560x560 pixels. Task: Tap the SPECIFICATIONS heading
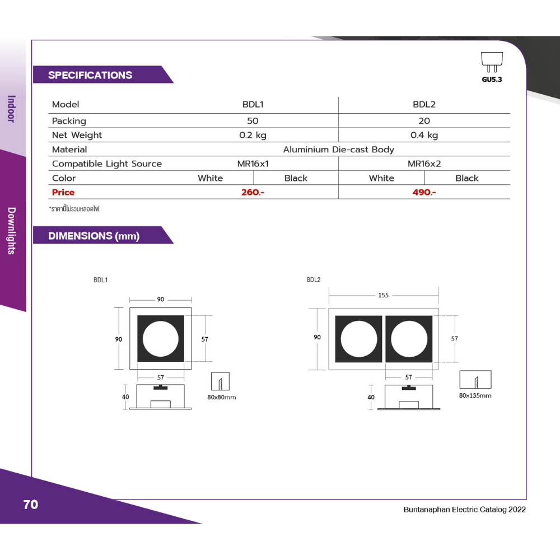(90, 75)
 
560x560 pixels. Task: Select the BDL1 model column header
(253, 104)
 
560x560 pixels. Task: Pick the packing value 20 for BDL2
(424, 121)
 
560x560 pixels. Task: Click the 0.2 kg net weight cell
(253, 135)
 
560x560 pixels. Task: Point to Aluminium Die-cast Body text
(339, 150)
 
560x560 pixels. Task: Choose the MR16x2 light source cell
(424, 164)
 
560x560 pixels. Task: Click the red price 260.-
(253, 192)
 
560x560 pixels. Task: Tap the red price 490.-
(424, 192)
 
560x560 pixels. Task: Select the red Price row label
(63, 192)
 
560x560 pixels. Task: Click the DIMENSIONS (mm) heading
(94, 236)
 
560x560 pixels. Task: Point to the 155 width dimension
(383, 295)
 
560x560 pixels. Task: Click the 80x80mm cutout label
(221, 397)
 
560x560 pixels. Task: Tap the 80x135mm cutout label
(475, 395)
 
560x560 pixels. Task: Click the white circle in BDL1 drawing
(161, 339)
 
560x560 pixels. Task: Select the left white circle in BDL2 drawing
(359, 339)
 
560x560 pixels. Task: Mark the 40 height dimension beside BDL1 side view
(125, 397)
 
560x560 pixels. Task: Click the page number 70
(31, 505)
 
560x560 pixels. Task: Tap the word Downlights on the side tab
(12, 231)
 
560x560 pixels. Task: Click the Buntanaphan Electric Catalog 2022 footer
(465, 509)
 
